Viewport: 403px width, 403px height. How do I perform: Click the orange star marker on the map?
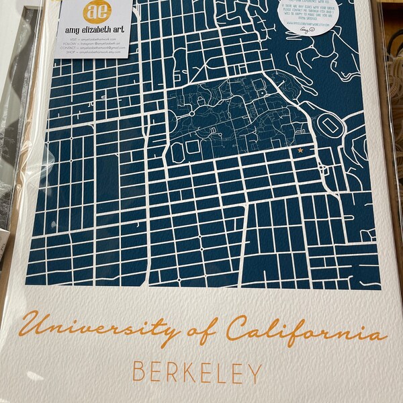point(300,150)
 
